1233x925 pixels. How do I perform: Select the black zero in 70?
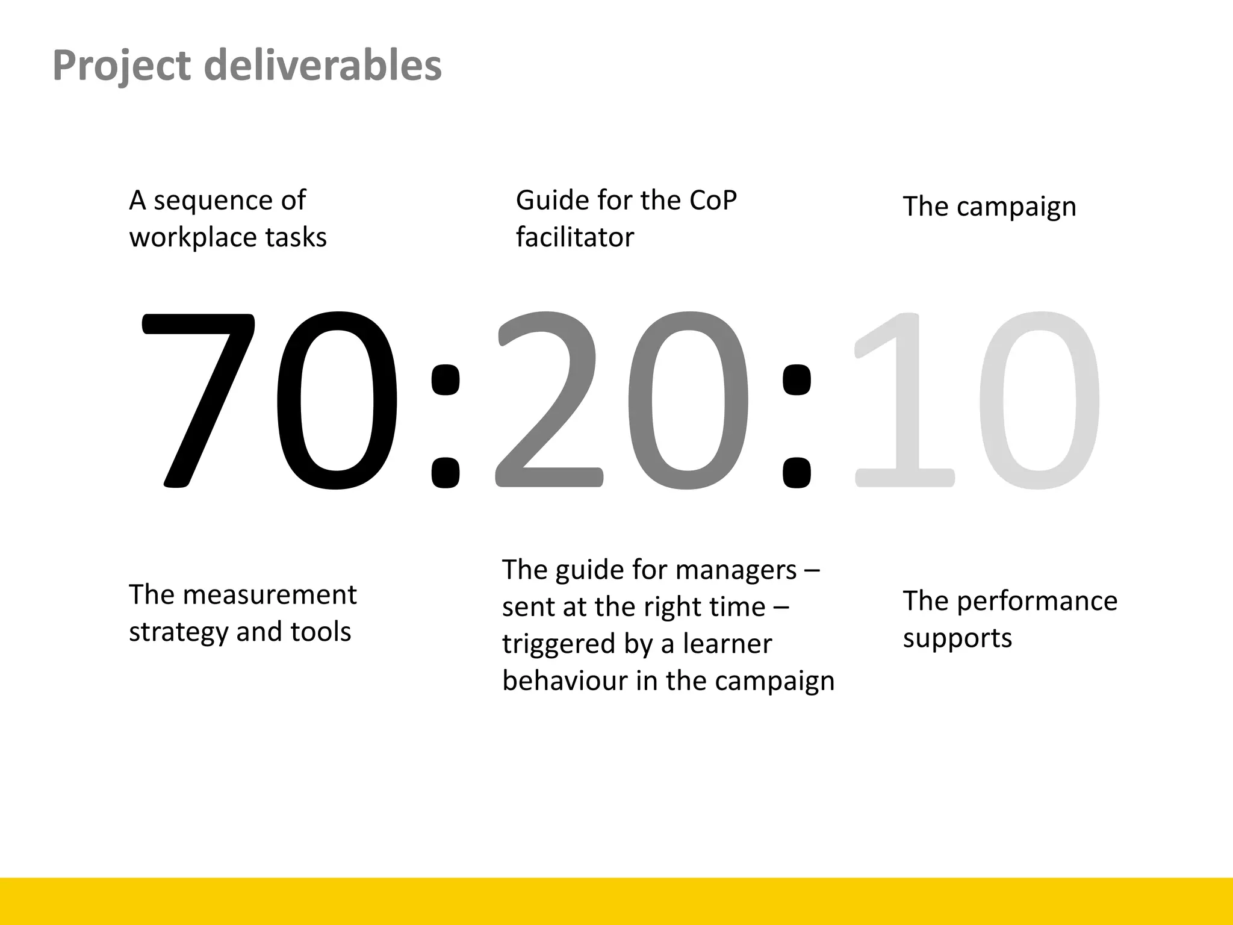(x=337, y=400)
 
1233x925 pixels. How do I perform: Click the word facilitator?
(x=574, y=237)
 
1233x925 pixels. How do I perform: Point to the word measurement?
(x=269, y=595)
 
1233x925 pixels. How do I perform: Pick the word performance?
(x=1037, y=602)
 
